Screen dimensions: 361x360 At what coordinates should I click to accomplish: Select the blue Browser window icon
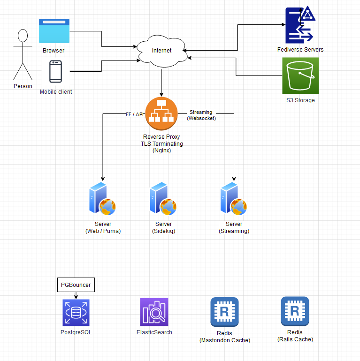[x=54, y=31]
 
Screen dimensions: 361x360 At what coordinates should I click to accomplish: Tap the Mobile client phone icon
[x=56, y=72]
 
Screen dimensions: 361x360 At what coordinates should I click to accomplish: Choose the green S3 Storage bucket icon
[x=300, y=75]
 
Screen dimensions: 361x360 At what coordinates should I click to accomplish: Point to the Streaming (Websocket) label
[x=201, y=115]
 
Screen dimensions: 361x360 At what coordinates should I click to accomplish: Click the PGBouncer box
[x=76, y=285]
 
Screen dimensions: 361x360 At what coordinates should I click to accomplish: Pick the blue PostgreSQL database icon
[x=76, y=313]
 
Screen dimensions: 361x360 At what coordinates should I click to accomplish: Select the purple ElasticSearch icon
[x=154, y=312]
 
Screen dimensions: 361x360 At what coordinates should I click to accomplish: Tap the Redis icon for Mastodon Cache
[x=224, y=312]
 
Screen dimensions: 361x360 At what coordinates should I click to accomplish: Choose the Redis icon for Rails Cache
[x=295, y=311]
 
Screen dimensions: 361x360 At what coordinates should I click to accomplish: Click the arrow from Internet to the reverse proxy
[x=161, y=82]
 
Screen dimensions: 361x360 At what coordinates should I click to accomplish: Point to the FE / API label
[x=135, y=114]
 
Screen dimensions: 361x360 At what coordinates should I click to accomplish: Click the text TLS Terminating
[x=161, y=143]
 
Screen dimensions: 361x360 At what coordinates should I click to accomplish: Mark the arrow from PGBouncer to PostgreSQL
[x=76, y=295]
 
